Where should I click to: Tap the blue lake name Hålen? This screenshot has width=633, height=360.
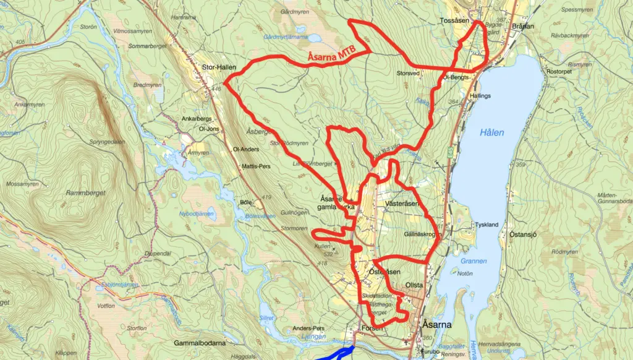tap(492, 132)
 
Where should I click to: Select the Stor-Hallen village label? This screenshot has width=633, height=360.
tap(219, 67)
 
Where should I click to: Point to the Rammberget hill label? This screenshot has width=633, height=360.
tap(86, 193)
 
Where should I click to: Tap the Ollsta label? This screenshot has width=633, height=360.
tap(414, 285)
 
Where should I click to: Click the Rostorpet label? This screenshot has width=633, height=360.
tap(559, 72)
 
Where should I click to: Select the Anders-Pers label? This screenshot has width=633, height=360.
tap(309, 328)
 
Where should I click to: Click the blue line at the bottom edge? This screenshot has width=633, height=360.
tap(334, 354)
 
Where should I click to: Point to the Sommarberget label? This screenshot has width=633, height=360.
tap(143, 46)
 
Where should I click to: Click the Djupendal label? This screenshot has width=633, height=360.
tap(157, 254)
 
